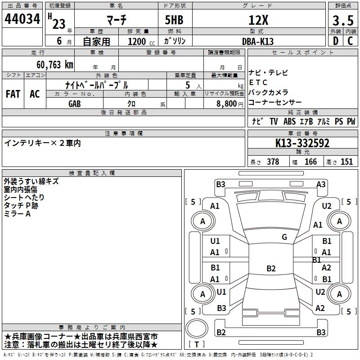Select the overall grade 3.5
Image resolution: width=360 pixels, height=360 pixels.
[x=342, y=20]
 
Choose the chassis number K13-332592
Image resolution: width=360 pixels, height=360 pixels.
[x=302, y=143]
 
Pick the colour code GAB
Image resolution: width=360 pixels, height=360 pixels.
[x=75, y=103]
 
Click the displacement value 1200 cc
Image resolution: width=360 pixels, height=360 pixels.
[x=137, y=41]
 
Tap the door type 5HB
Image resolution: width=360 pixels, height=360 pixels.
[x=174, y=20]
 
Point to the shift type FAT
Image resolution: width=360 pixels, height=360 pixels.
[x=13, y=94]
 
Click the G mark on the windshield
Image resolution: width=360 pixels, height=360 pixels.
[x=284, y=237]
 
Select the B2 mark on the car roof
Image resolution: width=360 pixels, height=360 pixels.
[x=271, y=269]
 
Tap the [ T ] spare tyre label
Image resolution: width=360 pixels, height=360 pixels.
[x=197, y=345]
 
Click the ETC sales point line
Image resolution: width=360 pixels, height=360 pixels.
[x=258, y=82]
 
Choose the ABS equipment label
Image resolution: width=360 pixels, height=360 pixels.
[x=290, y=121]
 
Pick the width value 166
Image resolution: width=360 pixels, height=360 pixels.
[x=310, y=162]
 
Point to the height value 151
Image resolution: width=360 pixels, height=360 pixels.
[x=346, y=162]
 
